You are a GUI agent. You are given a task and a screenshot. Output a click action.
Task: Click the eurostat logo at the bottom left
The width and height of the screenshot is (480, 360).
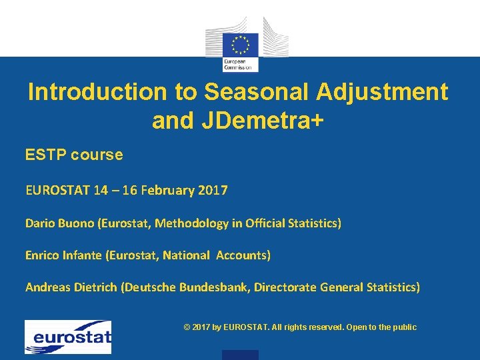coord(68,337)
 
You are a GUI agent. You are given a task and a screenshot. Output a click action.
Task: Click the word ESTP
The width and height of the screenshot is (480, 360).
coord(45,155)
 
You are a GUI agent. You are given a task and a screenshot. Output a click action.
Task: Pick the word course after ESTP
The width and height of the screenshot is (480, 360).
coord(98,155)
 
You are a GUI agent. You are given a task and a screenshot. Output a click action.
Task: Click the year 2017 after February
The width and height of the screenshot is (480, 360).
coord(212,191)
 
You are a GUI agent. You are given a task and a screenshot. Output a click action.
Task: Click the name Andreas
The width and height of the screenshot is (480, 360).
coord(48,287)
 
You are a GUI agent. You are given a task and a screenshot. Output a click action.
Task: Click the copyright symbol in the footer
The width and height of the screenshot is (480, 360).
coord(186,327)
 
